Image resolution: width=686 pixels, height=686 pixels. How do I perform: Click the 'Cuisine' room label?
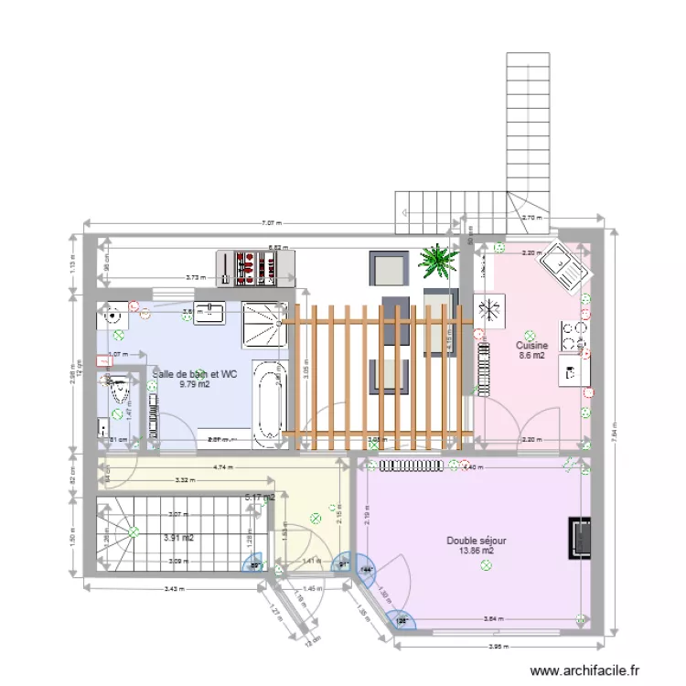point(531,346)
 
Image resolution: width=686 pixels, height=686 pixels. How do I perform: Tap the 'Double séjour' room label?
point(477,541)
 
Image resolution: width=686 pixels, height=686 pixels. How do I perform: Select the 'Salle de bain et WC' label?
point(195,374)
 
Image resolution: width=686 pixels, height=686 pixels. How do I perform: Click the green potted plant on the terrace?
point(437,261)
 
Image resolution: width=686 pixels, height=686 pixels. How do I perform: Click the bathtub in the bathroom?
point(269,403)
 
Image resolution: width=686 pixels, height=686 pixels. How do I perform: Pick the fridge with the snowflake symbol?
point(488,308)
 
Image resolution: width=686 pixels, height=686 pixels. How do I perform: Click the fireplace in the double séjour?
point(580,538)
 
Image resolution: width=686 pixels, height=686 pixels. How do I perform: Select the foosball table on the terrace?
point(256,264)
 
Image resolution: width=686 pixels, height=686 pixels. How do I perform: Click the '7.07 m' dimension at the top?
point(272,221)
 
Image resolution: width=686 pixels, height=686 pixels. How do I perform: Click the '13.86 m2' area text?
point(477,552)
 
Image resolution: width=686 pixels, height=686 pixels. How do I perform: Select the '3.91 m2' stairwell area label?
point(177,539)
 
